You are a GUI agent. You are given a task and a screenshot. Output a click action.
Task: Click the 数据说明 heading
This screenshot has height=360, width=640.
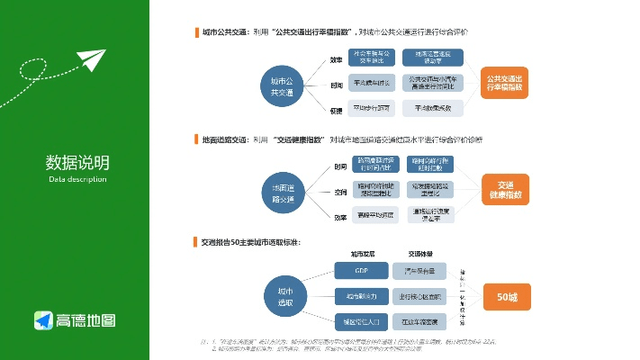[77, 163]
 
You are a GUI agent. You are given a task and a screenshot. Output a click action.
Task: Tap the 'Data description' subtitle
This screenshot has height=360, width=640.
[77, 179]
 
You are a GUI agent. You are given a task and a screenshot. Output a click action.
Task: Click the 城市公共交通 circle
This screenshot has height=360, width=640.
[282, 85]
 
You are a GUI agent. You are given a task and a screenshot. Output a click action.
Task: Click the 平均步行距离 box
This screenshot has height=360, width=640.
[372, 108]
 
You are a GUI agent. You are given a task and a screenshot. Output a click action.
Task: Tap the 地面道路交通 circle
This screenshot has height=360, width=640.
[282, 193]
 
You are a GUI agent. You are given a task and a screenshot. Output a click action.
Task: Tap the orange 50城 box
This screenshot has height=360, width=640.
[507, 296]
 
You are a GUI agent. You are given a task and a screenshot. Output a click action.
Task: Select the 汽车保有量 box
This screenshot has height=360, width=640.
[417, 270]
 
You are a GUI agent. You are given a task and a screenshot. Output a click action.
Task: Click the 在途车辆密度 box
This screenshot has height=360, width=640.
[417, 321]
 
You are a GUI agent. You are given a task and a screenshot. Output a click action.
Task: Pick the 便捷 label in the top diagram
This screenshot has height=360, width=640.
[336, 110]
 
